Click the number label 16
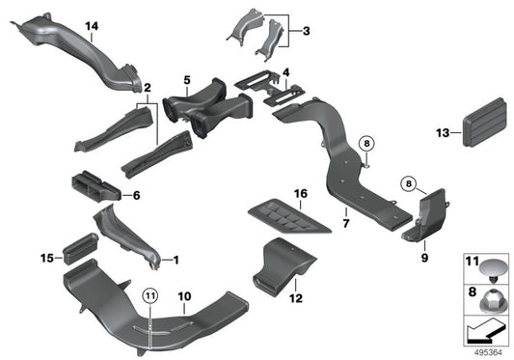point(301,195)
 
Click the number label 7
point(344,224)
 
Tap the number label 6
point(136,196)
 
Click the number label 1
point(176,260)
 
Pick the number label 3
point(305,32)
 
